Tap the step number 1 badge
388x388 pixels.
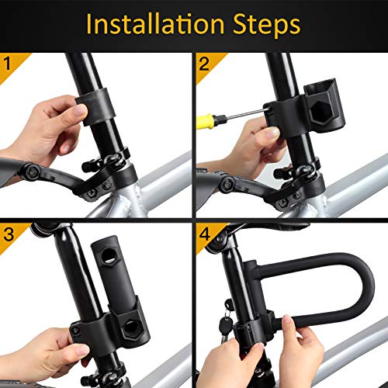tap(10, 63)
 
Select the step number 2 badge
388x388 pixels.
tap(204, 63)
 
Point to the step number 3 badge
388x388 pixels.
tap(10, 231)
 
